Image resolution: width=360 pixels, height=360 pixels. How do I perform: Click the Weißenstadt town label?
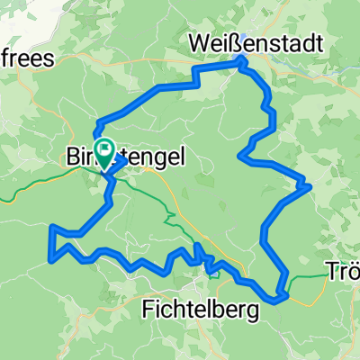click(x=246, y=41)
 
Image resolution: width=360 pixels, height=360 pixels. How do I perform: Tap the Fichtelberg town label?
click(x=201, y=310)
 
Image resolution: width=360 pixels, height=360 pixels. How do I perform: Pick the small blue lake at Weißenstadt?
click(x=241, y=61)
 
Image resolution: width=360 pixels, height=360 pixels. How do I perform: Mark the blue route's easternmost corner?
click(x=310, y=186)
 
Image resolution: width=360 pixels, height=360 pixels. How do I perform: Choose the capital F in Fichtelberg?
click(x=149, y=310)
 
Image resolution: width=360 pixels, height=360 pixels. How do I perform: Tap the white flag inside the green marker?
click(x=105, y=150)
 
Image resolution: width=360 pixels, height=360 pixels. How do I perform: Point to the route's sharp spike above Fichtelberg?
click(x=195, y=245)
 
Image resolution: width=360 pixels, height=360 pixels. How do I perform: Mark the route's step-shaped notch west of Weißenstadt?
click(x=195, y=81)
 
